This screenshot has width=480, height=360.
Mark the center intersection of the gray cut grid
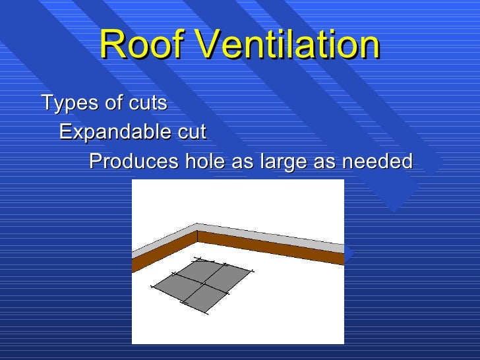tap(202, 282)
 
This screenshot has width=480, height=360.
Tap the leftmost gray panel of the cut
tap(177, 285)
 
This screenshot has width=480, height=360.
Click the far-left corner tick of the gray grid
tap(152, 287)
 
